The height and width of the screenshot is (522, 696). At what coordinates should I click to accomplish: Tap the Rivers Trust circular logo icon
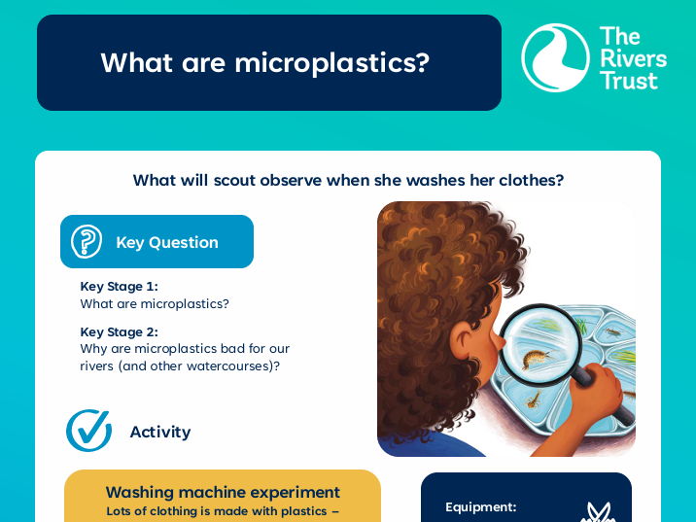pyautogui.click(x=555, y=57)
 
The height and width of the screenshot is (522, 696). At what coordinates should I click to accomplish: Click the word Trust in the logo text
pyautogui.click(x=629, y=80)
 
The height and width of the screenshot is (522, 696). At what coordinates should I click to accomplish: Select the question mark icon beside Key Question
pyautogui.click(x=87, y=241)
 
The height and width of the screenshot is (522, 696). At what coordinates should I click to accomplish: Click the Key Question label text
pyautogui.click(x=166, y=242)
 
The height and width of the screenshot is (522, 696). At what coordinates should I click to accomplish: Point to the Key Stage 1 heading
pyautogui.click(x=119, y=286)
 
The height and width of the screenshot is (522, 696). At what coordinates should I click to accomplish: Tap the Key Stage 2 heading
pyautogui.click(x=119, y=331)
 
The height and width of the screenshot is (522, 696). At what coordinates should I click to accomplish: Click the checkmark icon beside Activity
pyautogui.click(x=88, y=431)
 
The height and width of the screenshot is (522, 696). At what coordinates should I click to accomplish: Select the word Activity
pyautogui.click(x=160, y=432)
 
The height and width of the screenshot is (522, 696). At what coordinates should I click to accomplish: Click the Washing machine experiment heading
pyautogui.click(x=223, y=492)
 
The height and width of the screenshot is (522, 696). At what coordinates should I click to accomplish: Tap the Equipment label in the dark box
pyautogui.click(x=480, y=506)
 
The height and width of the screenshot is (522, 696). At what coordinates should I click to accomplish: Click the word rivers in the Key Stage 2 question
pyautogui.click(x=97, y=365)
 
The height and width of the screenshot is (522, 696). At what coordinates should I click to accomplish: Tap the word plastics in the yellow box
pyautogui.click(x=303, y=510)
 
